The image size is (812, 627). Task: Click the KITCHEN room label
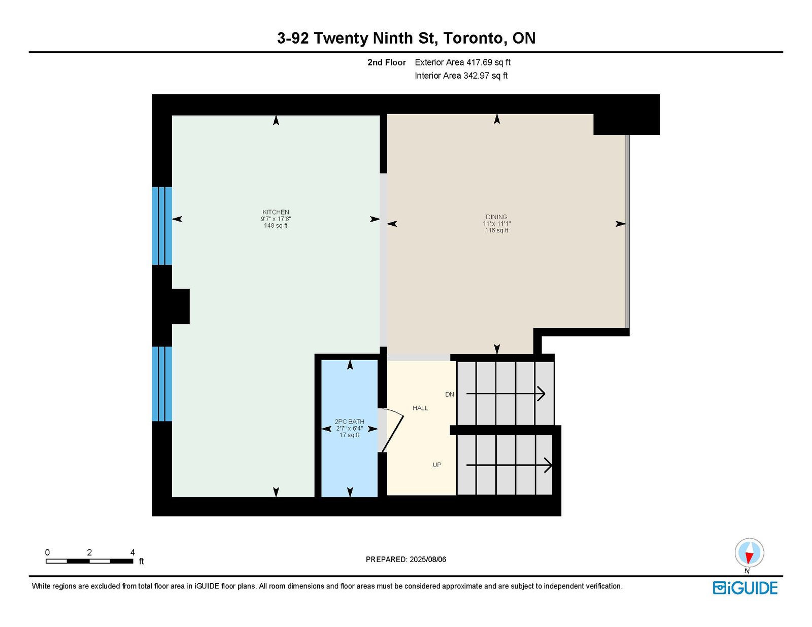click(x=276, y=212)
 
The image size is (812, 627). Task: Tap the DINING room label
click(x=496, y=217)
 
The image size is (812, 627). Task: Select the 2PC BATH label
click(x=349, y=422)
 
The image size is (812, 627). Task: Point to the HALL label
click(x=420, y=408)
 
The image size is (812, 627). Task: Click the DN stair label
click(x=450, y=394)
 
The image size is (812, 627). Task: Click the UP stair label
click(x=437, y=465)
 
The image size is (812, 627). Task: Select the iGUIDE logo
click(x=745, y=588)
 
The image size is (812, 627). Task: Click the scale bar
click(x=89, y=561)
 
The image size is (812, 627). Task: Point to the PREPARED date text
click(x=406, y=560)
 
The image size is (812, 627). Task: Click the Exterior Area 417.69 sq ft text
click(x=463, y=62)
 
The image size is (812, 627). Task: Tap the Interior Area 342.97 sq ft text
click(x=461, y=76)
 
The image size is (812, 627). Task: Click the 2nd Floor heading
click(x=386, y=62)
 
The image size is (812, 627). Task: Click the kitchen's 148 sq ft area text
click(x=276, y=226)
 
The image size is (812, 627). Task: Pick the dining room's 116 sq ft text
click(x=497, y=230)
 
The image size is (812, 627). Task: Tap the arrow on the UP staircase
click(x=510, y=465)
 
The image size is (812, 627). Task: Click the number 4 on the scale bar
click(x=132, y=552)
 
